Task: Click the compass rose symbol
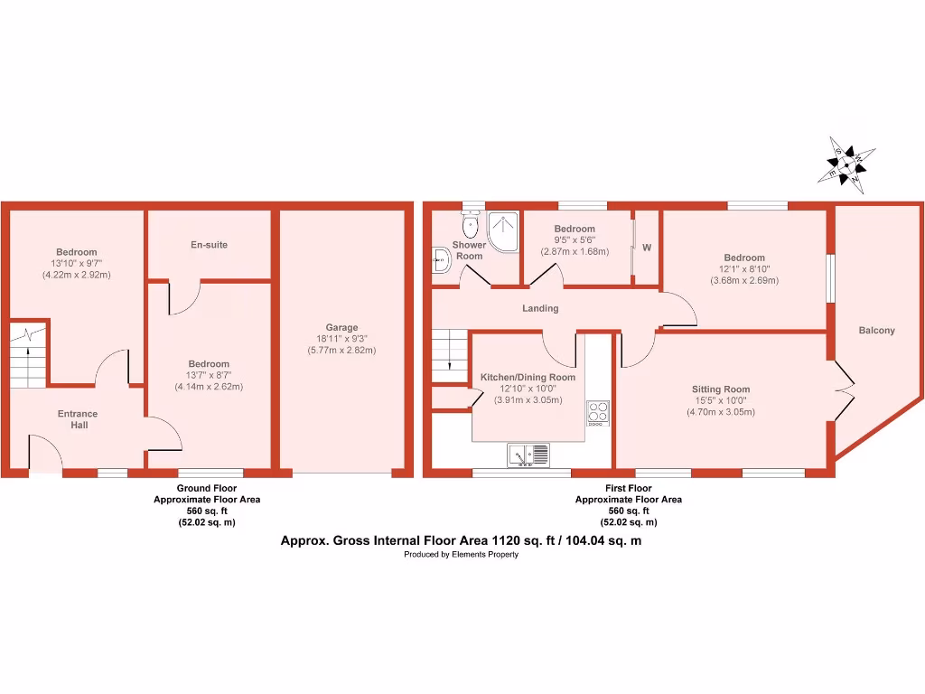(x=846, y=164)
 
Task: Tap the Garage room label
(x=341, y=328)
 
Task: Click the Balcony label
(x=876, y=331)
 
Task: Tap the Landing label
(x=540, y=308)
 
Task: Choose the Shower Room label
(x=469, y=250)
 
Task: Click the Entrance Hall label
(x=78, y=419)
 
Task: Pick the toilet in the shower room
(x=470, y=224)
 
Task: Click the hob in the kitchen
(x=597, y=412)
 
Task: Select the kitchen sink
(x=528, y=455)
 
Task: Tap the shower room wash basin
(x=442, y=260)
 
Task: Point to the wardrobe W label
(x=647, y=248)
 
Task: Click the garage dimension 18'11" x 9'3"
(x=341, y=340)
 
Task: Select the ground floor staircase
(x=29, y=354)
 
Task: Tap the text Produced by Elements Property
(x=461, y=555)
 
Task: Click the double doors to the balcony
(x=844, y=390)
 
